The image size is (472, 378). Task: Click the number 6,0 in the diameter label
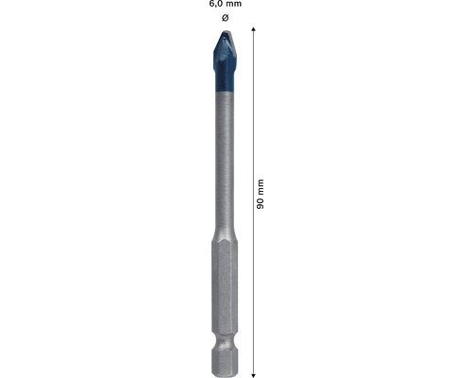tap(216, 5)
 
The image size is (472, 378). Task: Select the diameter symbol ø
tap(224, 18)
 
